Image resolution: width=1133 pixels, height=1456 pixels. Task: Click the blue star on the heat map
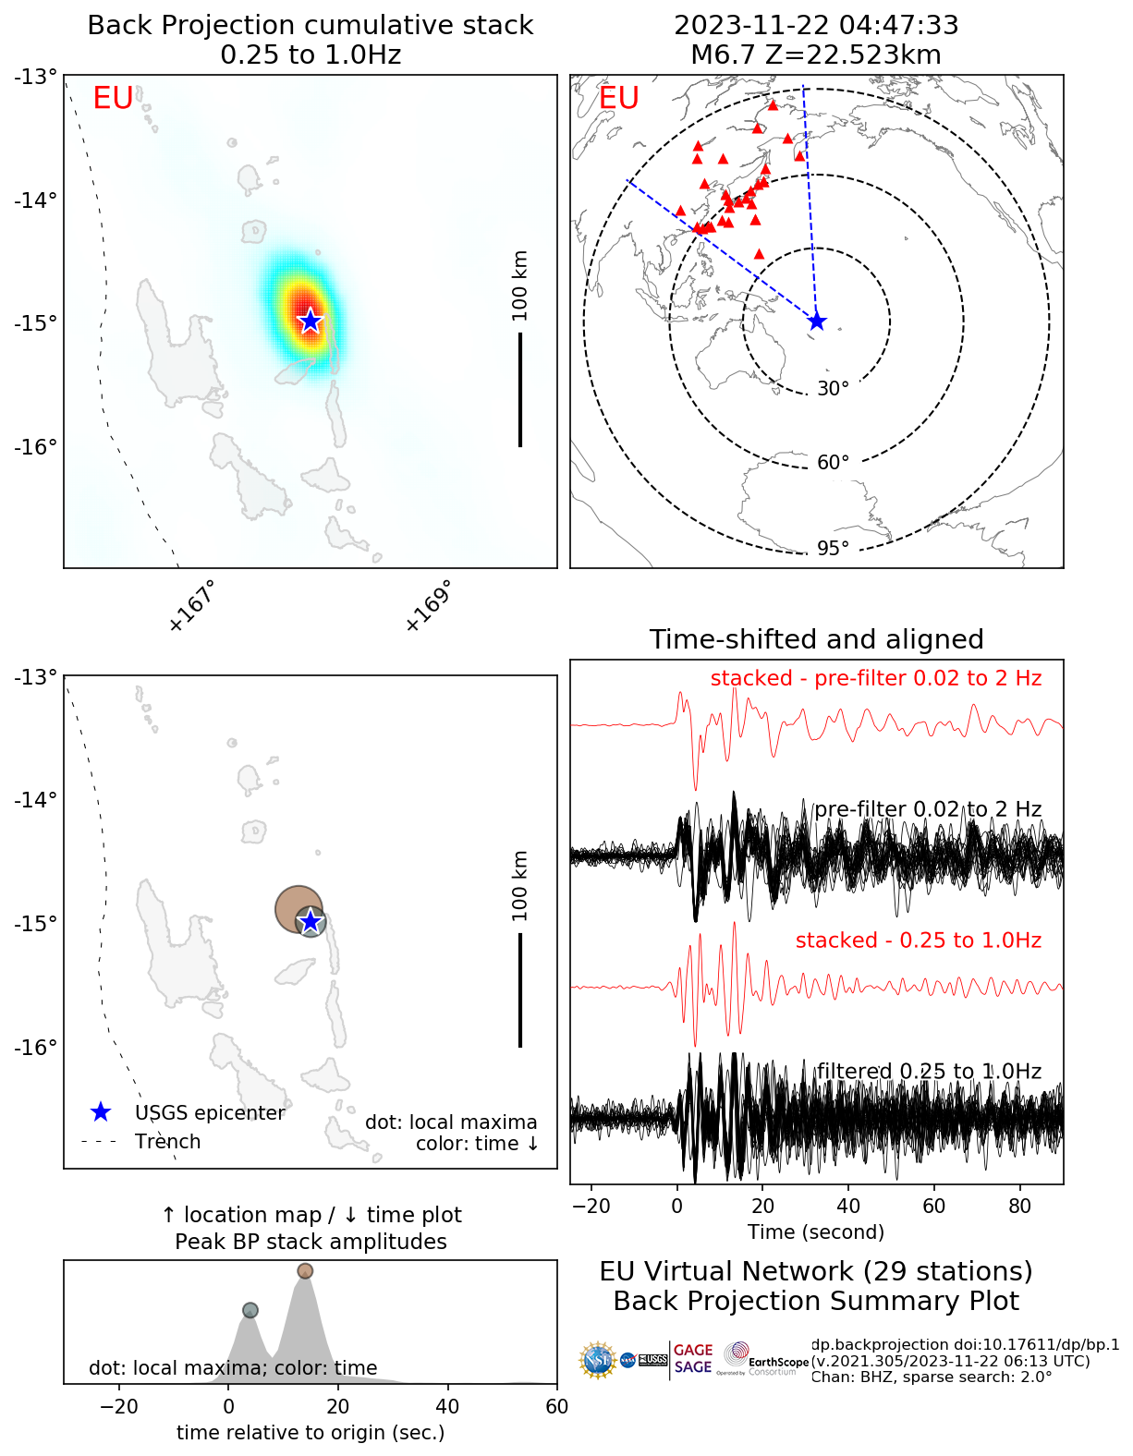310,321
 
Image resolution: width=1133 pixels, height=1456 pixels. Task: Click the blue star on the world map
816,321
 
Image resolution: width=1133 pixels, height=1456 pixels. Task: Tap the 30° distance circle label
833,389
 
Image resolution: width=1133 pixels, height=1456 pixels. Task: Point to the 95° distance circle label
833,549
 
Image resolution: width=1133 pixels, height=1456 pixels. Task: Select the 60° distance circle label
833,463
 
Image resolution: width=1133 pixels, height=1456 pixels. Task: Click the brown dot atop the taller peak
305,1271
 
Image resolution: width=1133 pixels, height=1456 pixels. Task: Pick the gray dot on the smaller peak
250,1310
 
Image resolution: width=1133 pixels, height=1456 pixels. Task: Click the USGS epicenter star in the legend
101,1112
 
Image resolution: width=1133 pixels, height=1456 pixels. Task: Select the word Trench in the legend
167,1142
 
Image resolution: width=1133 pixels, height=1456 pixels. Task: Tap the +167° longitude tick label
192,606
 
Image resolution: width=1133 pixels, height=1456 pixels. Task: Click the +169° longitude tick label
428,606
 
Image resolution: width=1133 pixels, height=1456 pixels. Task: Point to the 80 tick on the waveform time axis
1020,1206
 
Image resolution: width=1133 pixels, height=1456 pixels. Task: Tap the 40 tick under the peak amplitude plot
447,1406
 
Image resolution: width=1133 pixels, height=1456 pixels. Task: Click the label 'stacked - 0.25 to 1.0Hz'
918,940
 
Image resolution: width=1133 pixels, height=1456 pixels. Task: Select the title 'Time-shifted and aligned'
816,639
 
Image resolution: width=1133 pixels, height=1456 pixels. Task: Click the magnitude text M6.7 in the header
723,55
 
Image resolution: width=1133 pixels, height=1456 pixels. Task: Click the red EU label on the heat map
113,98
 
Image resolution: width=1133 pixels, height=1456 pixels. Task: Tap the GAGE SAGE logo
693,1359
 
